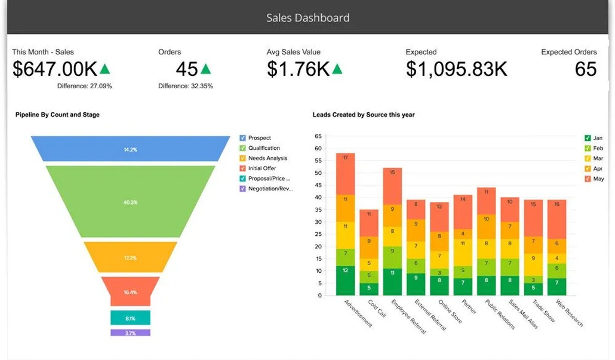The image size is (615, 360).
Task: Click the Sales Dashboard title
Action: [x=308, y=18]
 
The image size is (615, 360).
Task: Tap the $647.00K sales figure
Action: [x=55, y=69]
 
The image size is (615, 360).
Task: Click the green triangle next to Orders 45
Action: [x=206, y=69]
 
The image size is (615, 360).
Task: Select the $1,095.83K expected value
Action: [x=457, y=69]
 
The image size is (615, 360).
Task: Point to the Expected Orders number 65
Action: [x=586, y=69]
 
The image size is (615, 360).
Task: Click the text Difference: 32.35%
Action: [x=186, y=86]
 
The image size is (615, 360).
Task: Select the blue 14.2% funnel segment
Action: [x=130, y=149]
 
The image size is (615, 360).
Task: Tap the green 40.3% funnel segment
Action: [x=130, y=202]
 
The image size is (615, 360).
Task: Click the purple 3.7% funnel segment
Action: [x=130, y=333]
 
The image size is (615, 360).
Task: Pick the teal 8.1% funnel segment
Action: [x=130, y=318]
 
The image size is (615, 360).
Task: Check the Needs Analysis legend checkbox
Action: [x=242, y=158]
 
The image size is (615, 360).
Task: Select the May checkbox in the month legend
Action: [x=587, y=179]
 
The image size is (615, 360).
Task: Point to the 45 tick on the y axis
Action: [x=318, y=185]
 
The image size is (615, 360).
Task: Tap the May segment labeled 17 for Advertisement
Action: [x=345, y=174]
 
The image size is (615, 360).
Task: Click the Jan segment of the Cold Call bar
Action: [x=369, y=289]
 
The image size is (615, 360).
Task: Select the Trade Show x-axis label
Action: [x=544, y=311]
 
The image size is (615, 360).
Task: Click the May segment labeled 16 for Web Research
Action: [x=557, y=219]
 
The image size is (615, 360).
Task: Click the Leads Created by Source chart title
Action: [x=363, y=115]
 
